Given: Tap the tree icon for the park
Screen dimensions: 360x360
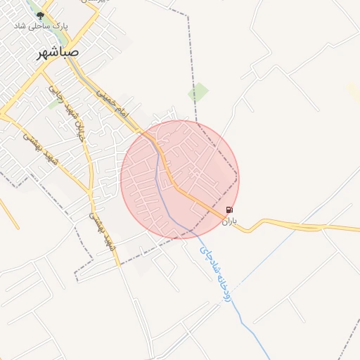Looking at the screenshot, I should pyautogui.click(x=39, y=15).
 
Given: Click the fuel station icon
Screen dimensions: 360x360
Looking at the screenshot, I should pyautogui.click(x=229, y=210).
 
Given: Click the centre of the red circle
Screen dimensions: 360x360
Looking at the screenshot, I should pyautogui.click(x=180, y=179).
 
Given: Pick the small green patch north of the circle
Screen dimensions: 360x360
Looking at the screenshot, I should pyautogui.click(x=199, y=92).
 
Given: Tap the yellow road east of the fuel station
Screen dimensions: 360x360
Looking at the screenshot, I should pyautogui.click(x=295, y=226).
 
